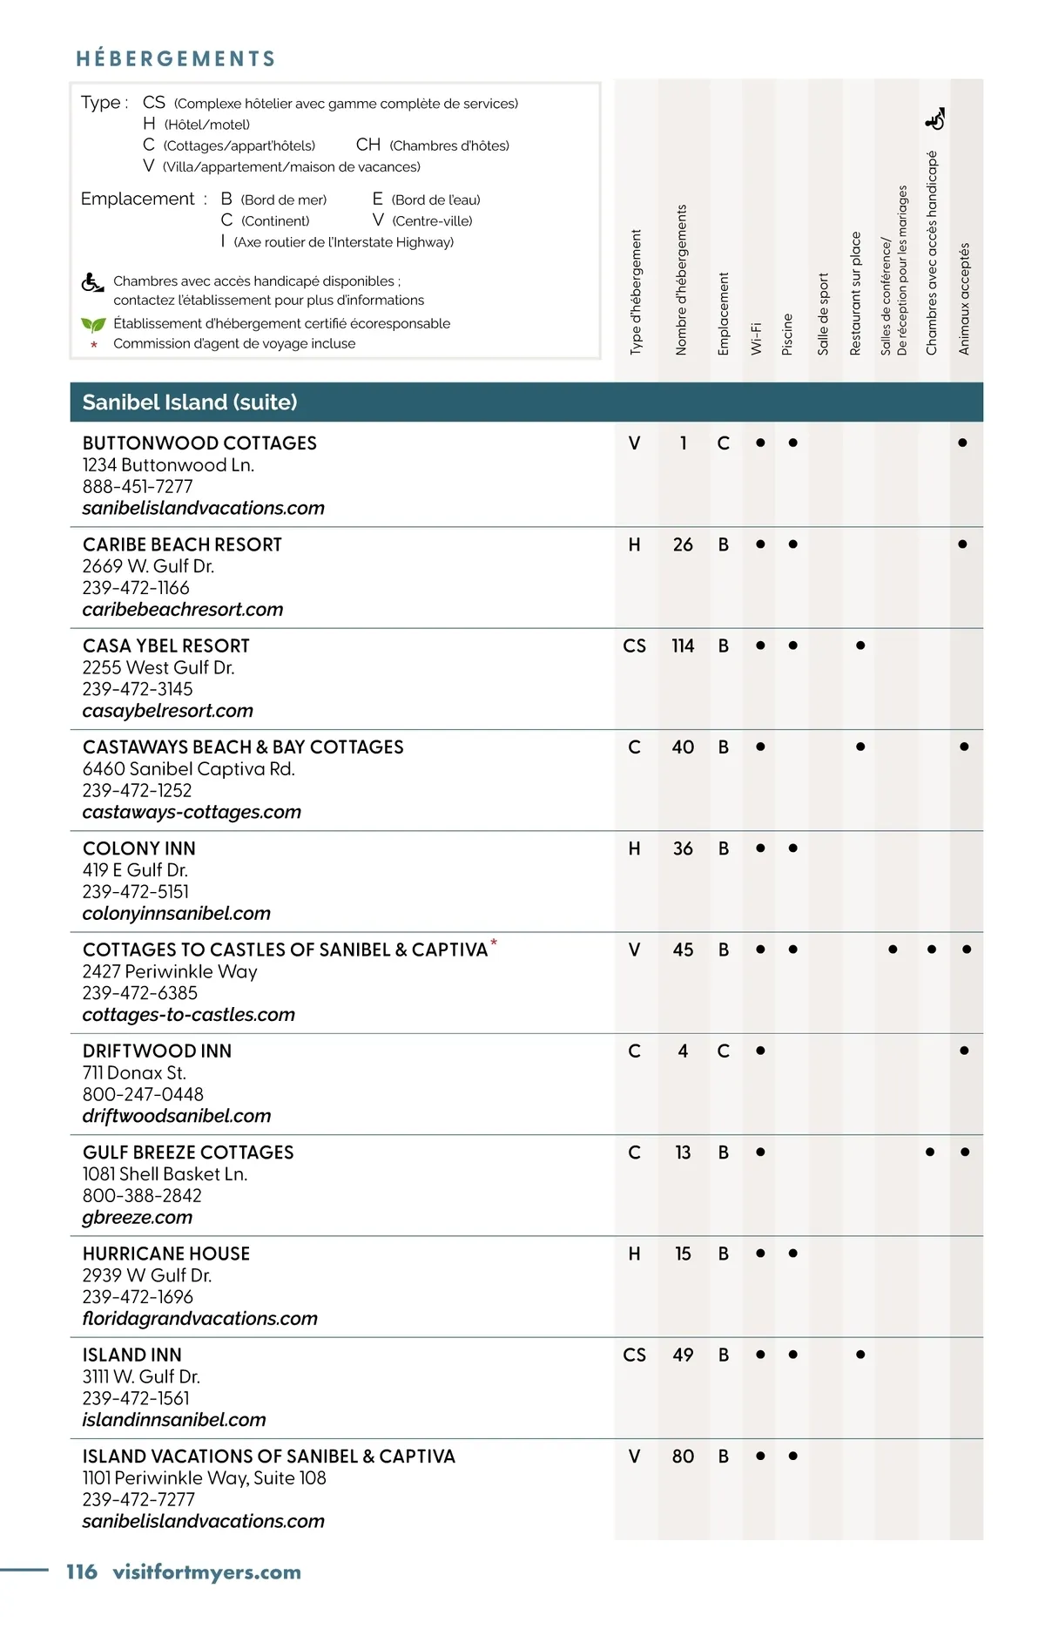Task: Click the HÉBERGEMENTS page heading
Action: click(x=176, y=58)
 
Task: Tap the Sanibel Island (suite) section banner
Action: click(x=190, y=402)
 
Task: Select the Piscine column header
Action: click(x=787, y=334)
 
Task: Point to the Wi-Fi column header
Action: click(x=756, y=337)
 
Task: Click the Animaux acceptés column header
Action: click(x=963, y=299)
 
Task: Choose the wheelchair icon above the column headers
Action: click(x=934, y=119)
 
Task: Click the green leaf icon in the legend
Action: click(x=93, y=324)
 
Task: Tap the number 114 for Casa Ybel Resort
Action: click(x=683, y=646)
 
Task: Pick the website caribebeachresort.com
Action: click(x=183, y=610)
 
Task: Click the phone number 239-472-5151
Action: click(x=136, y=891)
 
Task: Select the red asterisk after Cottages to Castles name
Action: click(x=494, y=943)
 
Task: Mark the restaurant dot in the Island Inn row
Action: click(x=860, y=1355)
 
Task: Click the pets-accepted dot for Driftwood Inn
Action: click(x=964, y=1051)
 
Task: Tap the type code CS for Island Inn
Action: click(x=634, y=1355)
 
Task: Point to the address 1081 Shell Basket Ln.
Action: click(x=165, y=1173)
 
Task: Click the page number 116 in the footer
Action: click(x=82, y=1572)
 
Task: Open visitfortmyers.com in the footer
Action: click(x=206, y=1572)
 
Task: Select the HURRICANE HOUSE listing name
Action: click(x=166, y=1254)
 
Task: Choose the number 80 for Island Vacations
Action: click(x=683, y=1456)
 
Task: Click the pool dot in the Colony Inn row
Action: click(x=792, y=848)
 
